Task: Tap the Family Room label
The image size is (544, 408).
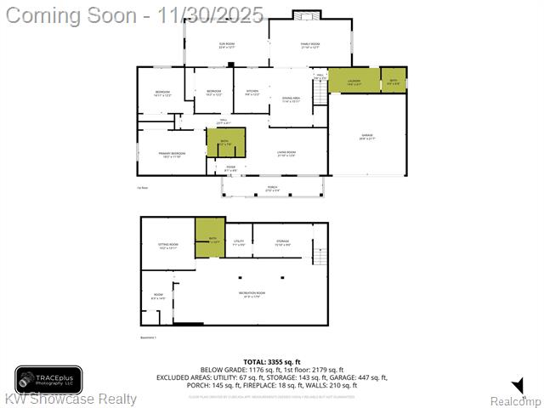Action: coord(309,45)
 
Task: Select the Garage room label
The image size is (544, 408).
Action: coord(367,137)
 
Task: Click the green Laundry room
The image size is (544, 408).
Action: coord(354,81)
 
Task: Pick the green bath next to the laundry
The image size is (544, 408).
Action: coord(394,81)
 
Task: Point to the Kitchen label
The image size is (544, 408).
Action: coord(252,93)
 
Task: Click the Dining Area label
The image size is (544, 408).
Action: coord(292,99)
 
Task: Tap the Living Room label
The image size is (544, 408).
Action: coord(286,154)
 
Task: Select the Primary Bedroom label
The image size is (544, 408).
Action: coord(171,155)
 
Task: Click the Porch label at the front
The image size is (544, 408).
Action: coord(272,190)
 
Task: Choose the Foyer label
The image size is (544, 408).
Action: coord(230,169)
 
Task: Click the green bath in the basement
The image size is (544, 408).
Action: coord(209,239)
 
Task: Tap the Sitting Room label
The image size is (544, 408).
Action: coord(167,246)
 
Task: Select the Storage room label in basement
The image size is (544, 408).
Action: coord(282,243)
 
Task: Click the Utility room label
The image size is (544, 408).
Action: coord(239,243)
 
